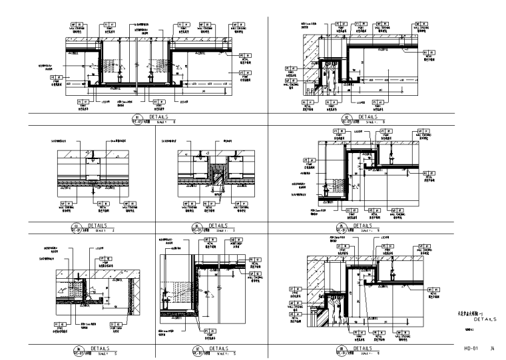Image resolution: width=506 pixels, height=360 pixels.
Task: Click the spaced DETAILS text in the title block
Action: [x=483, y=319]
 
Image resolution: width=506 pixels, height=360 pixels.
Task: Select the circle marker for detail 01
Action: [x=134, y=121]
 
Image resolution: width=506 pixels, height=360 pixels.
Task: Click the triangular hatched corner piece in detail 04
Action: [x=216, y=176]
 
